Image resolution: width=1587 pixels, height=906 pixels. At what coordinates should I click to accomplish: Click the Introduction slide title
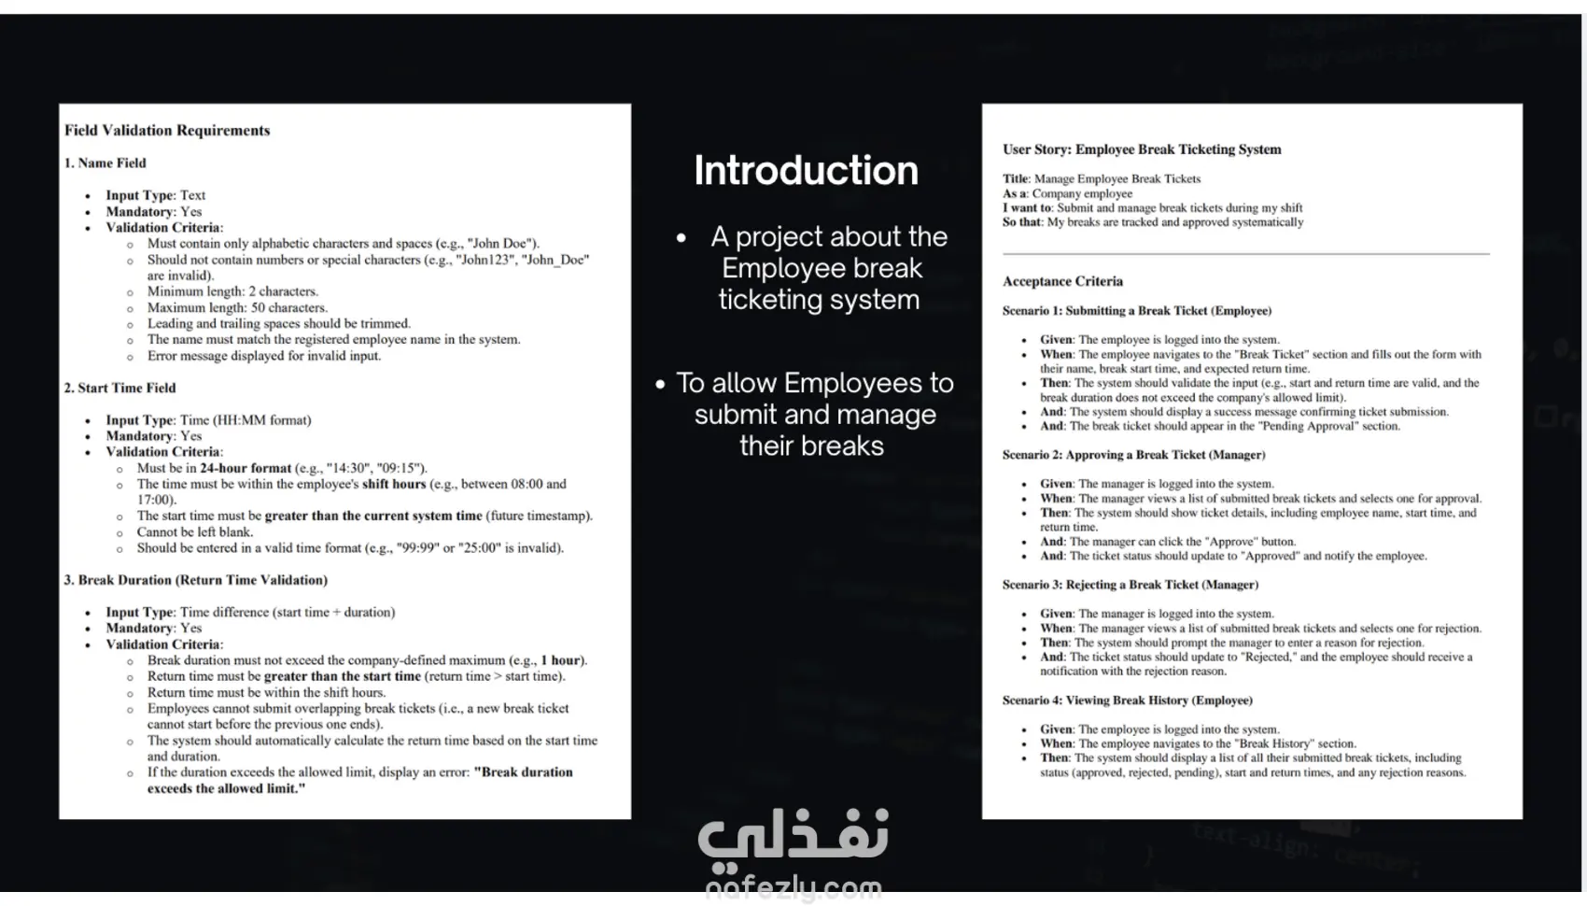pos(806,171)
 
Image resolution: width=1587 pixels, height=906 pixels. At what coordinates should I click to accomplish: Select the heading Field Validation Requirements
pos(167,131)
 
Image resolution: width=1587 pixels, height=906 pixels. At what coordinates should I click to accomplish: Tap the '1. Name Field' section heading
pos(105,163)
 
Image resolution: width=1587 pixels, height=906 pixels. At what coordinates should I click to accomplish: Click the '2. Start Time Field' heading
pos(119,388)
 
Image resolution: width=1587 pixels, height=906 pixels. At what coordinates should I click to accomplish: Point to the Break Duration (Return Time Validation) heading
pos(196,580)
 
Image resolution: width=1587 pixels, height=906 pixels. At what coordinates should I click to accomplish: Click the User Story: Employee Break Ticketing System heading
pos(1142,149)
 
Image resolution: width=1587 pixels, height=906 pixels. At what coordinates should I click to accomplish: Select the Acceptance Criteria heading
pos(1062,281)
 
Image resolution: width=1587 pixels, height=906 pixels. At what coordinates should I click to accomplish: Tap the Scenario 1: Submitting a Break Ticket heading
pos(1137,311)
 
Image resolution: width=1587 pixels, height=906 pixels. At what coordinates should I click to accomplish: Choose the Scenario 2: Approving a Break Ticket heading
pos(1133,455)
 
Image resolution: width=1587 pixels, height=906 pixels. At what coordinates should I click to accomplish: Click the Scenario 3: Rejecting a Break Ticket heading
pos(1130,585)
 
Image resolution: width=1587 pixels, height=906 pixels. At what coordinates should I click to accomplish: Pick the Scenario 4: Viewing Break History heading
pos(1127,701)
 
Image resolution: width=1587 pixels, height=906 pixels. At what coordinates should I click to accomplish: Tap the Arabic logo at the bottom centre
pos(793,834)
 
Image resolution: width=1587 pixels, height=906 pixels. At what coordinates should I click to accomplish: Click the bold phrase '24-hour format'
pos(246,468)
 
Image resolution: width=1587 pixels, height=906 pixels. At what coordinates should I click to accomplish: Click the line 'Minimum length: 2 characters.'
pos(232,291)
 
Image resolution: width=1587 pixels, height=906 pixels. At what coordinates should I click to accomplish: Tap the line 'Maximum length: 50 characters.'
pos(237,307)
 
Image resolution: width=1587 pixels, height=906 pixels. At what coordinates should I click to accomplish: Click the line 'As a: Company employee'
pos(1067,193)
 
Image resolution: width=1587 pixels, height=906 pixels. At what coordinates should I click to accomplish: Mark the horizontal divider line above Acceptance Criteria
pos(1245,254)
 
